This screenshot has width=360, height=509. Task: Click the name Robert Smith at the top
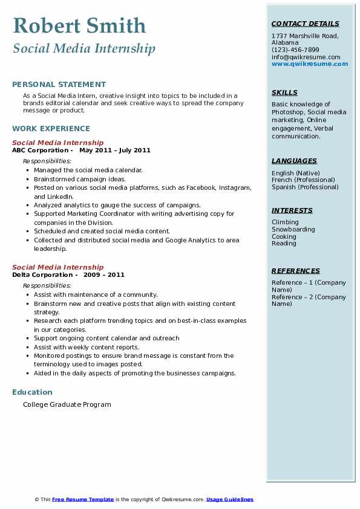tap(79, 26)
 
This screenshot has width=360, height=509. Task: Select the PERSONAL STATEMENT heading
tap(59, 85)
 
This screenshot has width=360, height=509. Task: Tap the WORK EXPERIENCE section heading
tap(51, 128)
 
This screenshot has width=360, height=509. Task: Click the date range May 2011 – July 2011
tap(114, 150)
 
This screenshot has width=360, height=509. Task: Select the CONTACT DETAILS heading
tap(305, 24)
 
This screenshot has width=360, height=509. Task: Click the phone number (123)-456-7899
tap(295, 50)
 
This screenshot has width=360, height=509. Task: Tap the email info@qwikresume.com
tap(306, 57)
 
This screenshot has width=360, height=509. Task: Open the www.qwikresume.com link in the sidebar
tap(310, 64)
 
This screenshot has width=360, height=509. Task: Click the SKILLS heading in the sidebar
tap(284, 92)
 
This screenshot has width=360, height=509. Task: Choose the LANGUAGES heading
tap(294, 161)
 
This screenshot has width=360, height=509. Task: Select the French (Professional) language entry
tap(303, 180)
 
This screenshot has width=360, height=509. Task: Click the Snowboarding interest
tap(293, 230)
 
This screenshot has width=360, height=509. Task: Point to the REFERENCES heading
tap(296, 271)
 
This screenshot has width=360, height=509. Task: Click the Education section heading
tap(32, 392)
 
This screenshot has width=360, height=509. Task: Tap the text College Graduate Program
tap(67, 404)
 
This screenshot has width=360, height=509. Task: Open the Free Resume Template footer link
tap(83, 499)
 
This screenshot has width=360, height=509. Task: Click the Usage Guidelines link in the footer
tap(229, 499)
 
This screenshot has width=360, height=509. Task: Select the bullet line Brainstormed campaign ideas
tap(80, 179)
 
